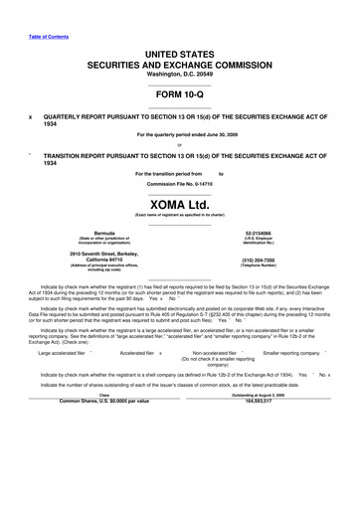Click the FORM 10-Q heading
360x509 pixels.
click(179, 93)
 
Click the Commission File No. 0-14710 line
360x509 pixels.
click(179, 184)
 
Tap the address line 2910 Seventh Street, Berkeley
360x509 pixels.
click(90, 254)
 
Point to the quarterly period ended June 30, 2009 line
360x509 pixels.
click(179, 134)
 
